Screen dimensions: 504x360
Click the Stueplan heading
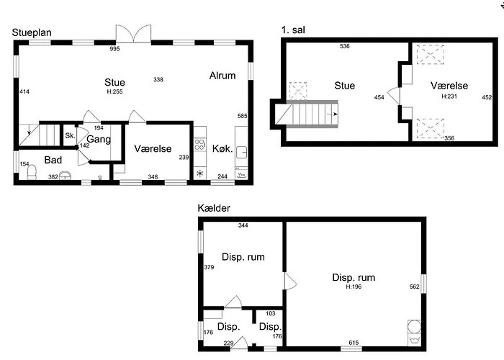pyautogui.click(x=32, y=33)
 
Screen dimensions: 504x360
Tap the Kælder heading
pyautogui.click(x=214, y=208)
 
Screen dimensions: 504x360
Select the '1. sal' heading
pyautogui.click(x=293, y=30)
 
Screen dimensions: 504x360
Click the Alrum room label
pyautogui.click(x=222, y=76)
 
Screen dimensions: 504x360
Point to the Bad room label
pyautogui.click(x=53, y=160)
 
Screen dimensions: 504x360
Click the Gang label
pyautogui.click(x=99, y=139)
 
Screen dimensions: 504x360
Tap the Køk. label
pyautogui.click(x=222, y=148)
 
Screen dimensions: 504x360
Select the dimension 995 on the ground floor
pyautogui.click(x=114, y=49)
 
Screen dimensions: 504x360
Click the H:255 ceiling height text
pyautogui.click(x=114, y=91)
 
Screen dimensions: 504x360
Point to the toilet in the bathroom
pyautogui.click(x=32, y=172)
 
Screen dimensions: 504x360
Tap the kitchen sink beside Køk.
pyautogui.click(x=241, y=152)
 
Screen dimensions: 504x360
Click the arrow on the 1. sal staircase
pyautogui.click(x=333, y=114)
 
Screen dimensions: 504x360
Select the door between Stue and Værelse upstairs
pyautogui.click(x=395, y=96)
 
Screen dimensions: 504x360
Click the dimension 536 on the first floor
pyautogui.click(x=345, y=46)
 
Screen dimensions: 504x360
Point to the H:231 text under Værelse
pyautogui.click(x=449, y=96)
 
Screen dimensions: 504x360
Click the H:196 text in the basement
pyautogui.click(x=354, y=287)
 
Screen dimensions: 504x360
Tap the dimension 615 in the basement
pyautogui.click(x=354, y=343)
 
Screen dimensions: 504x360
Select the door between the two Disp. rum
pyautogui.click(x=291, y=282)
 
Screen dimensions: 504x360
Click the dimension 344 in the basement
pyautogui.click(x=243, y=225)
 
